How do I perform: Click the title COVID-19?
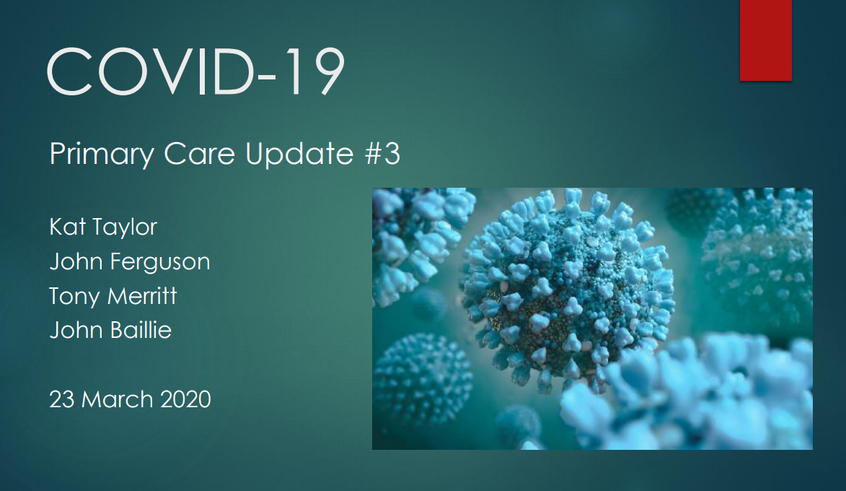coord(196,71)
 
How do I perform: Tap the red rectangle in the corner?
coord(766,40)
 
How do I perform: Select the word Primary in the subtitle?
coord(102,155)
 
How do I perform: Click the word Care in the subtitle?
coord(199,154)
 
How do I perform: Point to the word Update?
coord(299,155)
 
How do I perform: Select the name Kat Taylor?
coord(103,227)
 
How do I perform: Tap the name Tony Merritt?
coord(113,296)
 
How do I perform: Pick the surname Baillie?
coord(141,330)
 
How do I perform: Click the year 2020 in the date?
coord(185,400)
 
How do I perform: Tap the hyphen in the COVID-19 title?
coord(267,76)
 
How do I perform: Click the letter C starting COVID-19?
coord(70,71)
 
